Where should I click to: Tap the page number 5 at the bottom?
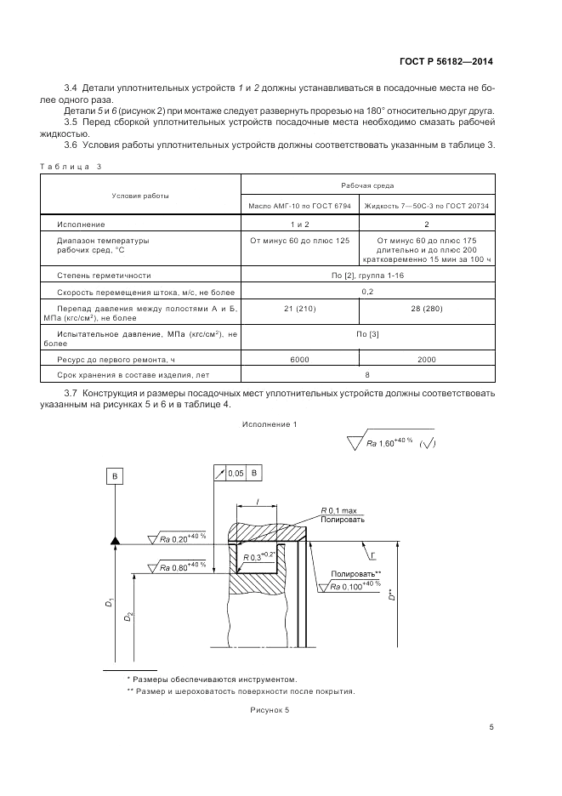click(x=491, y=726)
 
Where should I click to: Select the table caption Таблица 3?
click(x=71, y=166)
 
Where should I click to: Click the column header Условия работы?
click(x=140, y=196)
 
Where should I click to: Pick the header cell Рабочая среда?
click(x=367, y=184)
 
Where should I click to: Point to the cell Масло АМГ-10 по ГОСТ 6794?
click(x=300, y=206)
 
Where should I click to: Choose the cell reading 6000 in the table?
click(x=300, y=360)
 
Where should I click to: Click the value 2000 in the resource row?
click(x=427, y=360)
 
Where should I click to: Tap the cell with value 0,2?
click(x=367, y=292)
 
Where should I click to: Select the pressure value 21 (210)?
click(x=300, y=308)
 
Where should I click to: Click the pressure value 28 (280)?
click(x=427, y=308)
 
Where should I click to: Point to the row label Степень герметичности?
click(x=104, y=276)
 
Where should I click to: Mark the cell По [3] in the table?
click(x=367, y=334)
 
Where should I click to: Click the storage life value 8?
click(x=367, y=375)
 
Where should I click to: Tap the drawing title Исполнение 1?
click(x=270, y=424)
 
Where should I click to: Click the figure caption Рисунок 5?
click(x=270, y=709)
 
